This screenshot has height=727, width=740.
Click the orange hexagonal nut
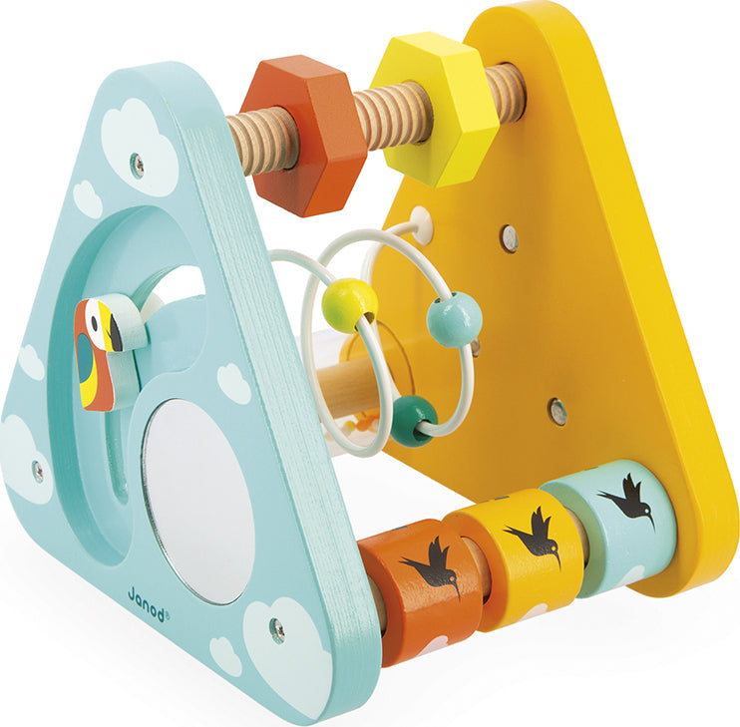point(304,136)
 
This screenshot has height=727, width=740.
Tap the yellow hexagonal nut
point(434,110)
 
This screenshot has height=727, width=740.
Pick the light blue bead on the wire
point(455,318)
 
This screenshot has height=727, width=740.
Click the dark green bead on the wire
point(414,420)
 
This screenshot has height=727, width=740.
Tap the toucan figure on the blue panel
point(105,351)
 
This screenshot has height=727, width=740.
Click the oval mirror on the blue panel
point(198,502)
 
